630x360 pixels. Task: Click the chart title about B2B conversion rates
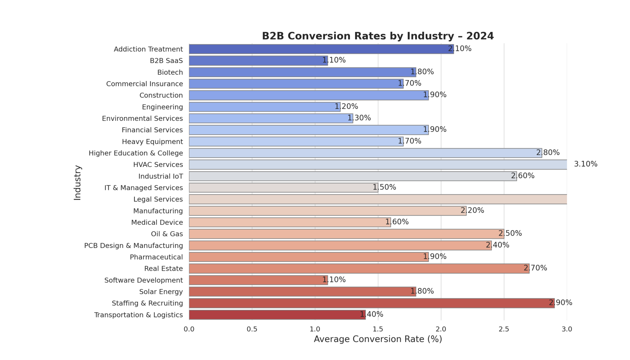click(378, 36)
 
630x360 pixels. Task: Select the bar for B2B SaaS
click(258, 61)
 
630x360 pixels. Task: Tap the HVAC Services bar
click(378, 165)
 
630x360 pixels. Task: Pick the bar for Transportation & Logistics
click(277, 315)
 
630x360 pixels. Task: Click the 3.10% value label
click(585, 164)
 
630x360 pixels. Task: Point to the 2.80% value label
click(548, 153)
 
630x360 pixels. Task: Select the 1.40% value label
click(372, 314)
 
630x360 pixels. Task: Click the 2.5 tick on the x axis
click(504, 329)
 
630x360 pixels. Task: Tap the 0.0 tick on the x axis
click(189, 329)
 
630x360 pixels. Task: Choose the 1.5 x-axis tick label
click(378, 329)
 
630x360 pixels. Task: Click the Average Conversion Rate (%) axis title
click(378, 339)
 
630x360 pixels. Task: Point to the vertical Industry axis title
click(78, 183)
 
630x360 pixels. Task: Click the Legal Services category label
click(158, 199)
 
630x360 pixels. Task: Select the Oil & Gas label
click(167, 234)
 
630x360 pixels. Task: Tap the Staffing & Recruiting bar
click(372, 303)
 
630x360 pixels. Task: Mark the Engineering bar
click(265, 107)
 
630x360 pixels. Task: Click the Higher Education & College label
click(136, 153)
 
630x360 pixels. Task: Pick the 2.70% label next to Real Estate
click(535, 268)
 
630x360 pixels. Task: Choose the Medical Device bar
click(290, 222)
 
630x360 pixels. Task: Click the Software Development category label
click(143, 280)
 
